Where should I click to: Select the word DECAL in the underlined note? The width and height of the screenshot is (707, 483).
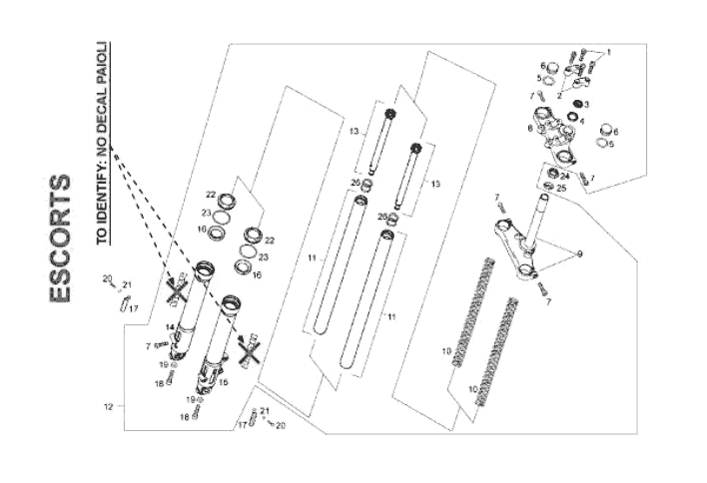pos(101,117)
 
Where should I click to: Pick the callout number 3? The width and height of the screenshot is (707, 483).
pos(587,104)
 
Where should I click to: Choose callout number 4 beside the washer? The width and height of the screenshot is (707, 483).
pos(583,121)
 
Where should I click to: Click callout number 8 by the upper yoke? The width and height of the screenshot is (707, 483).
pos(530,128)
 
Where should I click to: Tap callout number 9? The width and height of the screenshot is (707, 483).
pos(579,254)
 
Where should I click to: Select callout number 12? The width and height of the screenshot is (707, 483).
pos(107,406)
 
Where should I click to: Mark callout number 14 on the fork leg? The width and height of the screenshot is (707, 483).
pos(170,327)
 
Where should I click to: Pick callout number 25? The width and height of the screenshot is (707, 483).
pos(561,188)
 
